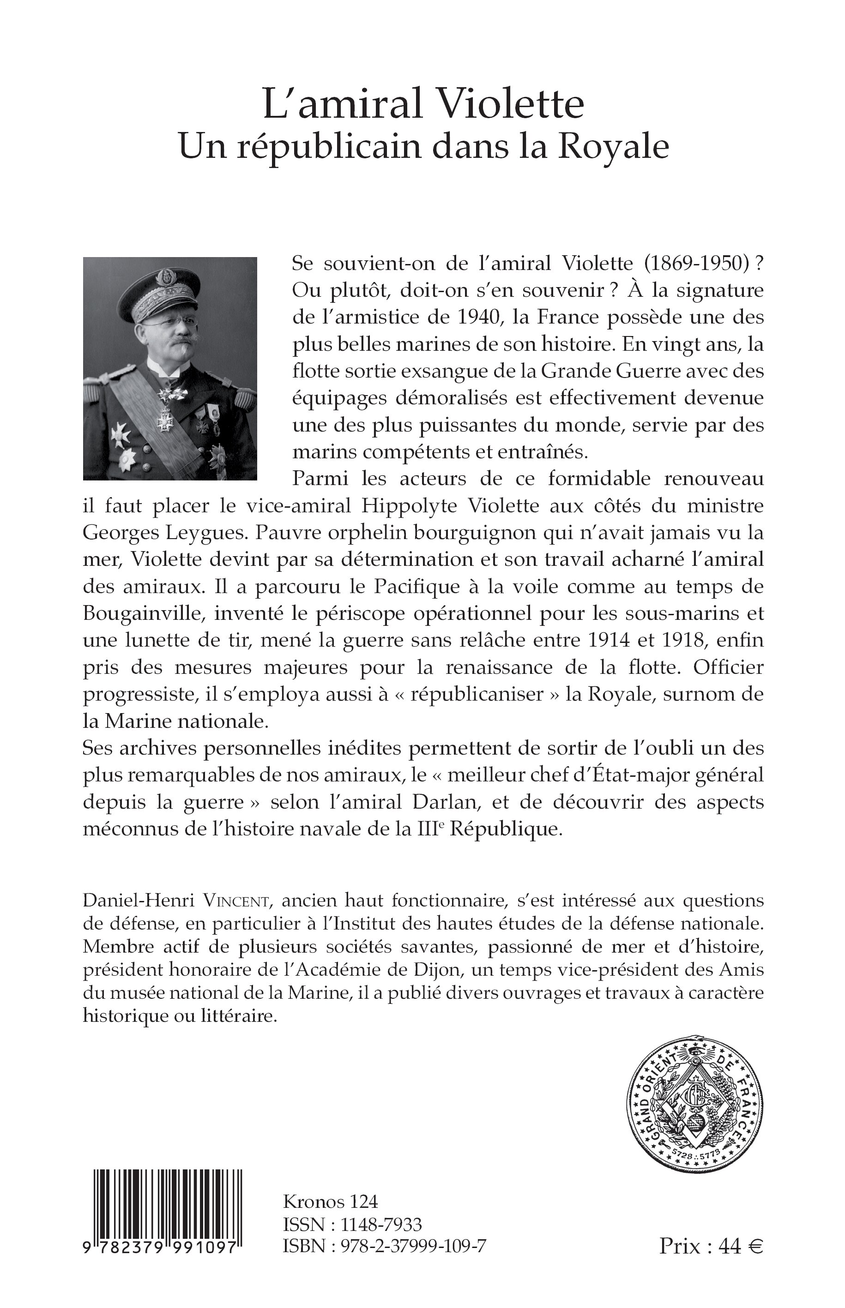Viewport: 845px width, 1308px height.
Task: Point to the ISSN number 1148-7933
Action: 381,1224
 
